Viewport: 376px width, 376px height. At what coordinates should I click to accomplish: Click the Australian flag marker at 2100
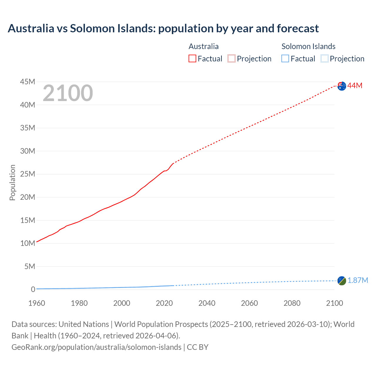coord(342,86)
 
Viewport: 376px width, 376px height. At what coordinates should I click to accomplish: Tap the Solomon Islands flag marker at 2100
coord(342,281)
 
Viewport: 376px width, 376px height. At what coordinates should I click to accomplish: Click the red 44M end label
coord(355,85)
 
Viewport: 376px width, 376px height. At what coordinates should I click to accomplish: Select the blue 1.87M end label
coord(358,280)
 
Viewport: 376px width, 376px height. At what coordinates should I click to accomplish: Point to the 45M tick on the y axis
coord(28,82)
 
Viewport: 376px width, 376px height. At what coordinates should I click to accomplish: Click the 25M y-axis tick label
coord(28,174)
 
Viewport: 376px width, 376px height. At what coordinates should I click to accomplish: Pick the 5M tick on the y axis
coord(30,266)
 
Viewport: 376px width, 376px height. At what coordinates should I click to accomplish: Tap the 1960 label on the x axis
coord(37,303)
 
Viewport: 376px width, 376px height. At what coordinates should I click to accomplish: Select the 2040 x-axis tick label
coord(207,303)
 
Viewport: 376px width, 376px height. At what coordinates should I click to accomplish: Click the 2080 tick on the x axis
coord(292,303)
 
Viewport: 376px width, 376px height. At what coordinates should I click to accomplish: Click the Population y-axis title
coord(12,182)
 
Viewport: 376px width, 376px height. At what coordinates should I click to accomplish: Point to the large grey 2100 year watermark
coord(68,93)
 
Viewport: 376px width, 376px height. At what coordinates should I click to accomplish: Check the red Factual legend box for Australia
coord(192,58)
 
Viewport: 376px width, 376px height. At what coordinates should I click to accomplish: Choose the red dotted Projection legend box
coord(231,58)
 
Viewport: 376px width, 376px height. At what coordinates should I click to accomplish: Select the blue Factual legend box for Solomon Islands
coord(285,58)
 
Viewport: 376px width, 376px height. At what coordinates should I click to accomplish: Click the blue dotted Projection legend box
coord(324,58)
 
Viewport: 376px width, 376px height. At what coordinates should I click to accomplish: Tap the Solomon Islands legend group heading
coord(308,46)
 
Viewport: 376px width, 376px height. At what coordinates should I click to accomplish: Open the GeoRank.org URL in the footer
coord(96,347)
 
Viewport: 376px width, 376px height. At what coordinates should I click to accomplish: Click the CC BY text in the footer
coord(198,347)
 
